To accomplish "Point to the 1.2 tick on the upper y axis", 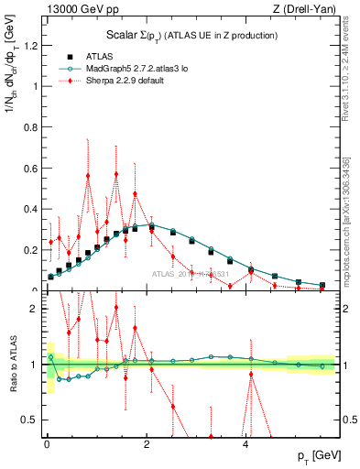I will tap(34, 46).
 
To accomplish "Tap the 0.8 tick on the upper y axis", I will tap(34, 127).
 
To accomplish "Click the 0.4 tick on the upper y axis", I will tap(34, 209).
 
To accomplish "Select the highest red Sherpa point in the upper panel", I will tap(116, 174).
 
